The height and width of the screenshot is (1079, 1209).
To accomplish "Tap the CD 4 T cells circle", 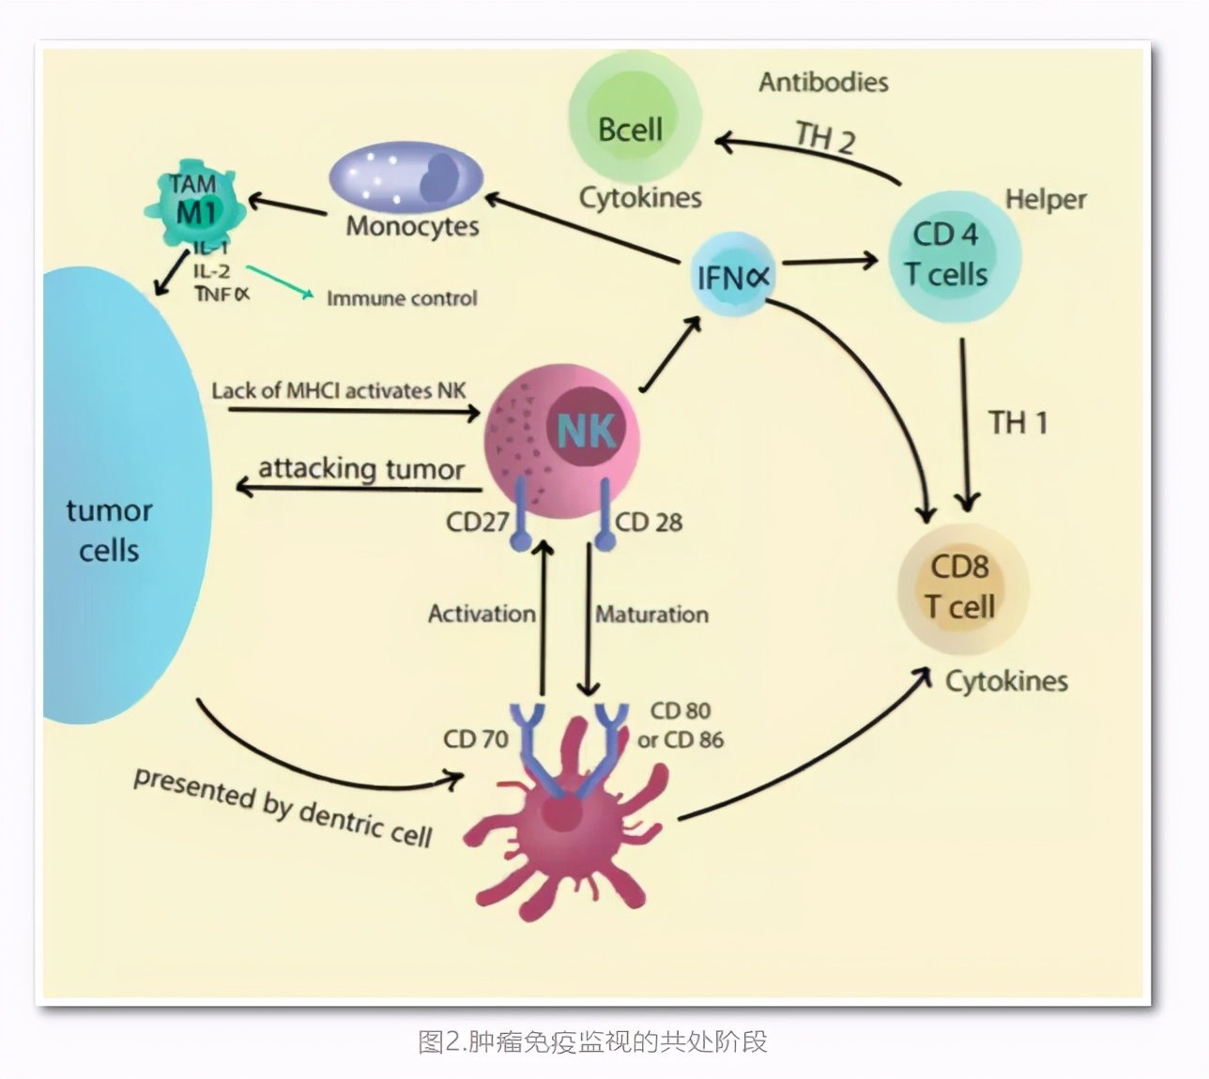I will pyautogui.click(x=953, y=254).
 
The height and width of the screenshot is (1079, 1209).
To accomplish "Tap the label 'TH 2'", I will pyautogui.click(x=825, y=137).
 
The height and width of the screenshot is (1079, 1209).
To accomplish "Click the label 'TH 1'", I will pyautogui.click(x=1018, y=423).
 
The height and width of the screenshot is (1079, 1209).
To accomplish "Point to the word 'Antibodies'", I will pyautogui.click(x=823, y=83).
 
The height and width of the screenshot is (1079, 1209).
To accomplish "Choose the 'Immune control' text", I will pyautogui.click(x=402, y=298).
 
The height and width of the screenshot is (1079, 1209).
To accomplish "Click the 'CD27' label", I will pyautogui.click(x=477, y=522).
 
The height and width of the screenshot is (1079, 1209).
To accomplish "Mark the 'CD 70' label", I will pyautogui.click(x=475, y=739).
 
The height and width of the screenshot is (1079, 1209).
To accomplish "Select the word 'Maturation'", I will pyautogui.click(x=652, y=615).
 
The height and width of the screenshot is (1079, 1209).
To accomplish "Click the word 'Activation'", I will pyautogui.click(x=482, y=614).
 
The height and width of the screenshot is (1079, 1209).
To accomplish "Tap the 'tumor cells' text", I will pyautogui.click(x=109, y=530).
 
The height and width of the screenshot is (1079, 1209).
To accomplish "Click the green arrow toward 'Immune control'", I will pyautogui.click(x=280, y=281).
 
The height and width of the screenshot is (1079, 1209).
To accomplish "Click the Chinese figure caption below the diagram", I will pyautogui.click(x=592, y=1041).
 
